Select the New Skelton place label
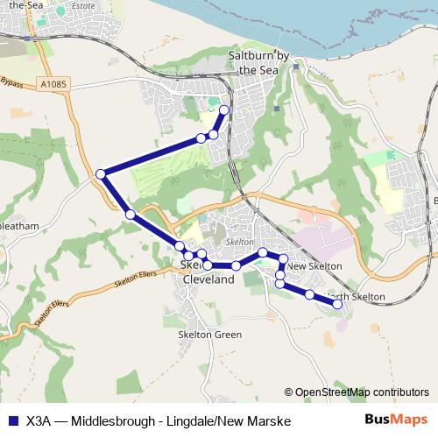313,266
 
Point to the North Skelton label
357,297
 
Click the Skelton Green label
209,335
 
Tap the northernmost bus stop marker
224,109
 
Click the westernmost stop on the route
101,174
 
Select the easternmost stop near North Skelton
336,304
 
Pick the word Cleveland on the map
208,279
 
